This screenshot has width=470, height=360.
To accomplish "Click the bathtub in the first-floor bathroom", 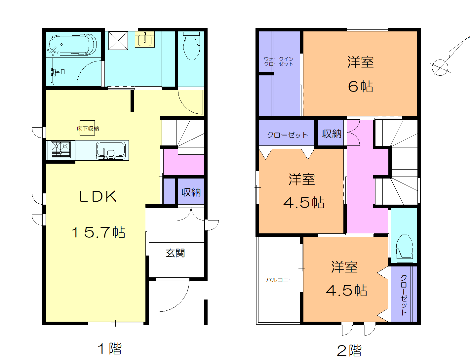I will click(72, 44).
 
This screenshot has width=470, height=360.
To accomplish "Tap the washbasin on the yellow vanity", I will click(144, 39).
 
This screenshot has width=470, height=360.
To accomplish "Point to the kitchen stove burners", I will click(61, 150).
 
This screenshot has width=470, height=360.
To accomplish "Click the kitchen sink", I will click(112, 150).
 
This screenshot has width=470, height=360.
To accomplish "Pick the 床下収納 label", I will click(88, 129).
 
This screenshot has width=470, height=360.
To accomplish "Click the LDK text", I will click(98, 197).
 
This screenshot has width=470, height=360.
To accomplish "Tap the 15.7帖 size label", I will click(98, 232).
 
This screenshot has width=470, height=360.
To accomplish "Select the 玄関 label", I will click(175, 253).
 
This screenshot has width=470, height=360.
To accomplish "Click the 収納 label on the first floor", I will click(191, 192).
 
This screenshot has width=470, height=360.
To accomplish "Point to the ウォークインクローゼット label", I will click(278, 61).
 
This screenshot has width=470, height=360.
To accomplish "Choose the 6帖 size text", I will click(360, 87).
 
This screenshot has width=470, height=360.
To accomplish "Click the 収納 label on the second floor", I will click(332, 134).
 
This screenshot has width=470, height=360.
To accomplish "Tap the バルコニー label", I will click(280, 280).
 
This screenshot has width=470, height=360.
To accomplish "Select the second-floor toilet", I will click(405, 246).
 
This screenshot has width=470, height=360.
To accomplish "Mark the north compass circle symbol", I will click(440, 67).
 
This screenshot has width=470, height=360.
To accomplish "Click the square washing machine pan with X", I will click(118, 41).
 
